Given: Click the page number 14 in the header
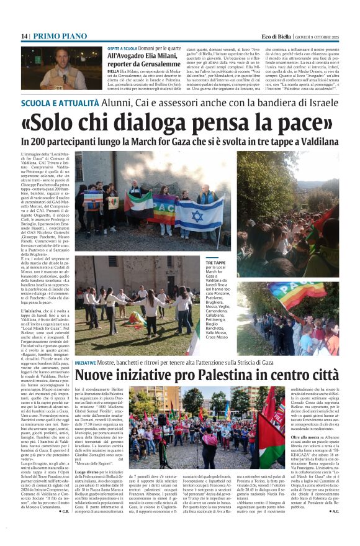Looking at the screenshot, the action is point(24,37).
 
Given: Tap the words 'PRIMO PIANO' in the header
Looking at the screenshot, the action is point(54,37).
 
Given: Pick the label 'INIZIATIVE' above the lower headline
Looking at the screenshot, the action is point(85,362).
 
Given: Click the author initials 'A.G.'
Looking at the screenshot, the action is point(335,511).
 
